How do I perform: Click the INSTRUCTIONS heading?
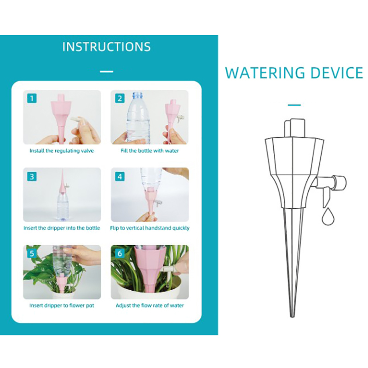[107, 47]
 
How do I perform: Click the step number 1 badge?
[32, 98]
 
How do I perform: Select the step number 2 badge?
[120, 98]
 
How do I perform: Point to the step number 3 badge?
[32, 176]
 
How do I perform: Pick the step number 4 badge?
[120, 176]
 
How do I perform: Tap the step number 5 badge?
[32, 253]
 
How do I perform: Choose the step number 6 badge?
[120, 253]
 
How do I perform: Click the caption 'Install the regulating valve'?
[62, 151]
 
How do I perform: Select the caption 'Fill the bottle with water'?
[150, 151]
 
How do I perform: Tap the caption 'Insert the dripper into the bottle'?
[62, 228]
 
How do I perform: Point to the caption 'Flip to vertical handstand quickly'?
[150, 228]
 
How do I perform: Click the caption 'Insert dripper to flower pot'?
[62, 305]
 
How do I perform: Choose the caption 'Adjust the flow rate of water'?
[150, 305]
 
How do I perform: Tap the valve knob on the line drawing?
[340, 183]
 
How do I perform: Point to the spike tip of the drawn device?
[292, 317]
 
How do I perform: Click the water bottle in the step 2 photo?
[138, 117]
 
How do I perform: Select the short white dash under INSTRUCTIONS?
[107, 72]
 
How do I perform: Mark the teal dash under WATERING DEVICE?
[294, 105]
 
